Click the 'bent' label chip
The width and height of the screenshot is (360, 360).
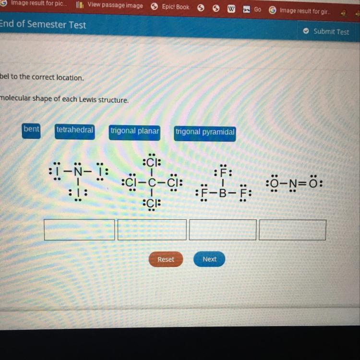[31, 130]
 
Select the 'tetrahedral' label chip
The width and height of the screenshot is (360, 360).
[74, 131]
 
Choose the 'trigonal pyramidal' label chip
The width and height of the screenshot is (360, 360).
[205, 132]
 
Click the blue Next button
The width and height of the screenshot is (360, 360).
[209, 259]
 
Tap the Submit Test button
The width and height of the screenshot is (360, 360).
[326, 32]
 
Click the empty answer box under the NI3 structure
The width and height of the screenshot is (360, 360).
[79, 229]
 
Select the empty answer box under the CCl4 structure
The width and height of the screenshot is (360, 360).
[152, 229]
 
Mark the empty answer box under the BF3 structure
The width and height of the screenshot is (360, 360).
[223, 229]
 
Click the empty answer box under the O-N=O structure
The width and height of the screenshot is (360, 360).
[292, 230]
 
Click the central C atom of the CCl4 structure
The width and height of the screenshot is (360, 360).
[152, 183]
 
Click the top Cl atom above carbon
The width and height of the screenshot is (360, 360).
[152, 162]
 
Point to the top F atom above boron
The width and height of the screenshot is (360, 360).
[223, 173]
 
